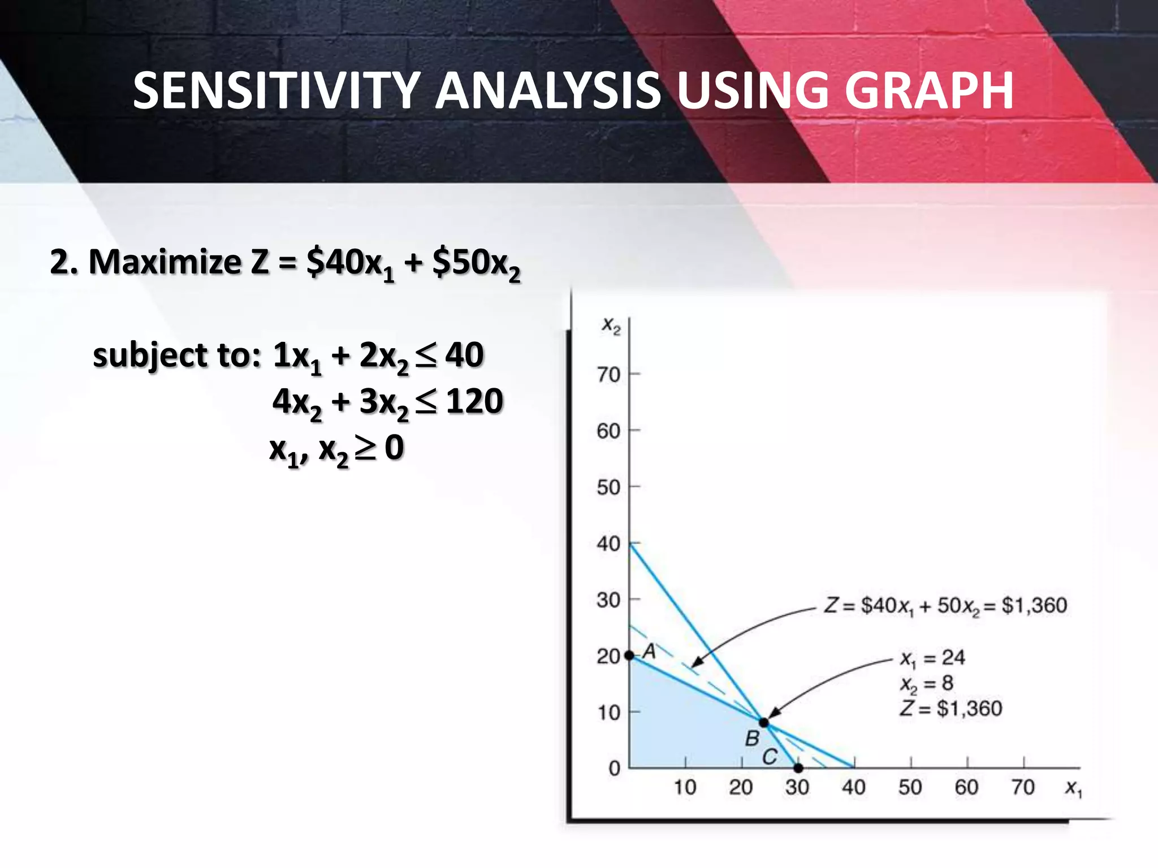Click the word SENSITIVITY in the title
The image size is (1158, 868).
[x=275, y=91]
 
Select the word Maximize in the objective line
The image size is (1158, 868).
[x=165, y=262]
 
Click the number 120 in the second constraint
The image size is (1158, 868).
[x=474, y=401]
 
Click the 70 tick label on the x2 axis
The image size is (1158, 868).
[x=609, y=374]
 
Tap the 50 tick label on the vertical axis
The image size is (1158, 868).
[x=609, y=487]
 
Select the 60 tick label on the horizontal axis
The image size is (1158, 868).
[x=966, y=787]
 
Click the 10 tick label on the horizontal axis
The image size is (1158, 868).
[x=685, y=787]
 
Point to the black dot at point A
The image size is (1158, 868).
[x=629, y=656]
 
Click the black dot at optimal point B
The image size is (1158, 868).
[x=764, y=723]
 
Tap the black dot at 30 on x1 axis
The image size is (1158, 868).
[x=798, y=768]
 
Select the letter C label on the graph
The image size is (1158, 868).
[x=770, y=757]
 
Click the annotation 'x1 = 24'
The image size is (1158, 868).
[x=932, y=658]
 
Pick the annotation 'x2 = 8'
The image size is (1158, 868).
[x=927, y=684]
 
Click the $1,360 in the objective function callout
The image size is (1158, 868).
[x=1034, y=605]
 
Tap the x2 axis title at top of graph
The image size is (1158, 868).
[x=611, y=325]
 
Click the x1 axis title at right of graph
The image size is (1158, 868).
[x=1073, y=788]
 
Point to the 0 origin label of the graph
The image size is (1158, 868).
[x=614, y=769]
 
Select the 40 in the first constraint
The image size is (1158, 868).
[x=464, y=355]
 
